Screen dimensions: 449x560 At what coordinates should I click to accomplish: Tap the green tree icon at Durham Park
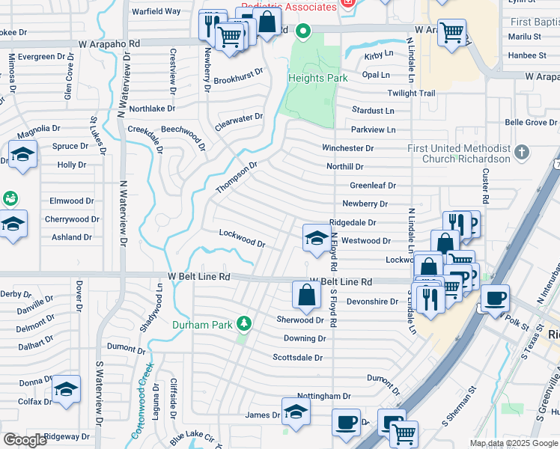243,323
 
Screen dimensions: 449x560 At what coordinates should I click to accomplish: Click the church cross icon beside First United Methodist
523,153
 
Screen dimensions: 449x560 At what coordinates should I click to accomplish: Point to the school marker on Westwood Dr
315,238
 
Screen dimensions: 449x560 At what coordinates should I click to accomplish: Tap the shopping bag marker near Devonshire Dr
307,294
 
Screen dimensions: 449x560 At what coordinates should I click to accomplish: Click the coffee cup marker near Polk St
494,298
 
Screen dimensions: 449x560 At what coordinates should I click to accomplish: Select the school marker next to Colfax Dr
66,389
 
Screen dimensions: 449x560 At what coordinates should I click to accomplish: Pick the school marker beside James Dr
296,412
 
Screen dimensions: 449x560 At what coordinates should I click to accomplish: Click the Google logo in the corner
25,440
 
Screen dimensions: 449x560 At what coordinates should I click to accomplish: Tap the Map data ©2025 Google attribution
514,443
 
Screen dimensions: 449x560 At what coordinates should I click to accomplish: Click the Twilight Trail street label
411,94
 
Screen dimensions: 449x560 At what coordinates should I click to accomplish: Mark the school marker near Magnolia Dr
23,155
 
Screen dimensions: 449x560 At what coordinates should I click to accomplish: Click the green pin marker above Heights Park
302,32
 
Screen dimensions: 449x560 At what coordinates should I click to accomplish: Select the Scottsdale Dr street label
297,358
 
